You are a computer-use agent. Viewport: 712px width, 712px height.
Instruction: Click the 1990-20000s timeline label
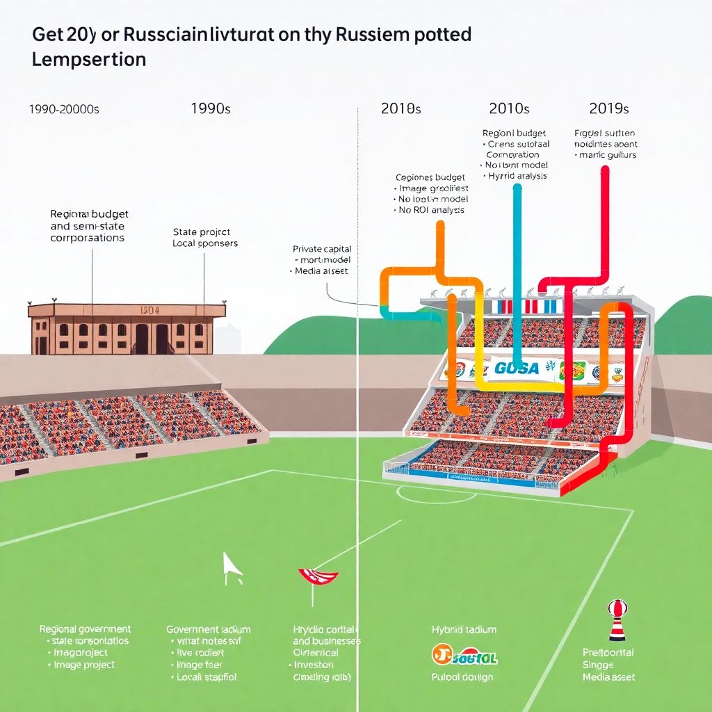[x=64, y=109]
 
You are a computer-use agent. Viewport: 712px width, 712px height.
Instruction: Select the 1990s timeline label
[x=211, y=108]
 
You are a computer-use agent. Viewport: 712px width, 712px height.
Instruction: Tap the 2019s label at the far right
[x=608, y=108]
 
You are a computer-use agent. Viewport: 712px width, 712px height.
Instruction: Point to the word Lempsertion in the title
[x=89, y=59]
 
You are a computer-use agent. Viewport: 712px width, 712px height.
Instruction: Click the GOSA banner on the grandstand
[x=517, y=368]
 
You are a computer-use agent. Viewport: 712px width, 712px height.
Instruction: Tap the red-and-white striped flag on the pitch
[x=317, y=576]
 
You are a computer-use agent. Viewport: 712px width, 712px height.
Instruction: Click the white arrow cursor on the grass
[x=232, y=565]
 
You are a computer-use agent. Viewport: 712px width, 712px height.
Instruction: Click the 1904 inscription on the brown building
[x=149, y=311]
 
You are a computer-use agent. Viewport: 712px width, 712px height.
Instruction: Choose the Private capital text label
[x=322, y=249]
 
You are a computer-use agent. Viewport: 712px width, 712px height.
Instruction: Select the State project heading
[x=201, y=232]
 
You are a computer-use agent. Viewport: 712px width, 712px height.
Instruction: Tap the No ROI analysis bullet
[x=431, y=209]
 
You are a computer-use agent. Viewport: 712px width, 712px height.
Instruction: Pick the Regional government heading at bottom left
[x=85, y=629]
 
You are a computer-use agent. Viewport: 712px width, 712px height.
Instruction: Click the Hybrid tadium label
[x=464, y=629]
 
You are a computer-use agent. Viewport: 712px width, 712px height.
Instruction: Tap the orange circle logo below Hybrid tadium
[x=440, y=654]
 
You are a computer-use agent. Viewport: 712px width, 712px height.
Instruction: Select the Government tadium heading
[x=209, y=629]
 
